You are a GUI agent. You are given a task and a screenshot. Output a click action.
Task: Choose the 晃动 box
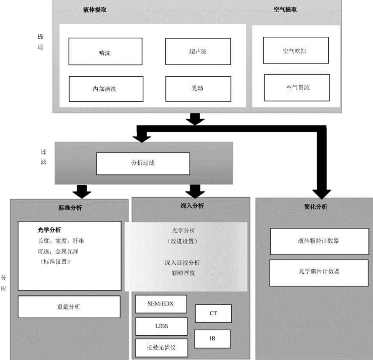(x=198, y=89)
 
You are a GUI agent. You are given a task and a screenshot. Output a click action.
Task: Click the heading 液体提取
(x=95, y=10)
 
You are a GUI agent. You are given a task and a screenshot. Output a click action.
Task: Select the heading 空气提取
(x=285, y=10)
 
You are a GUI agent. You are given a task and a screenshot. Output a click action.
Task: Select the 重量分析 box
(x=69, y=307)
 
